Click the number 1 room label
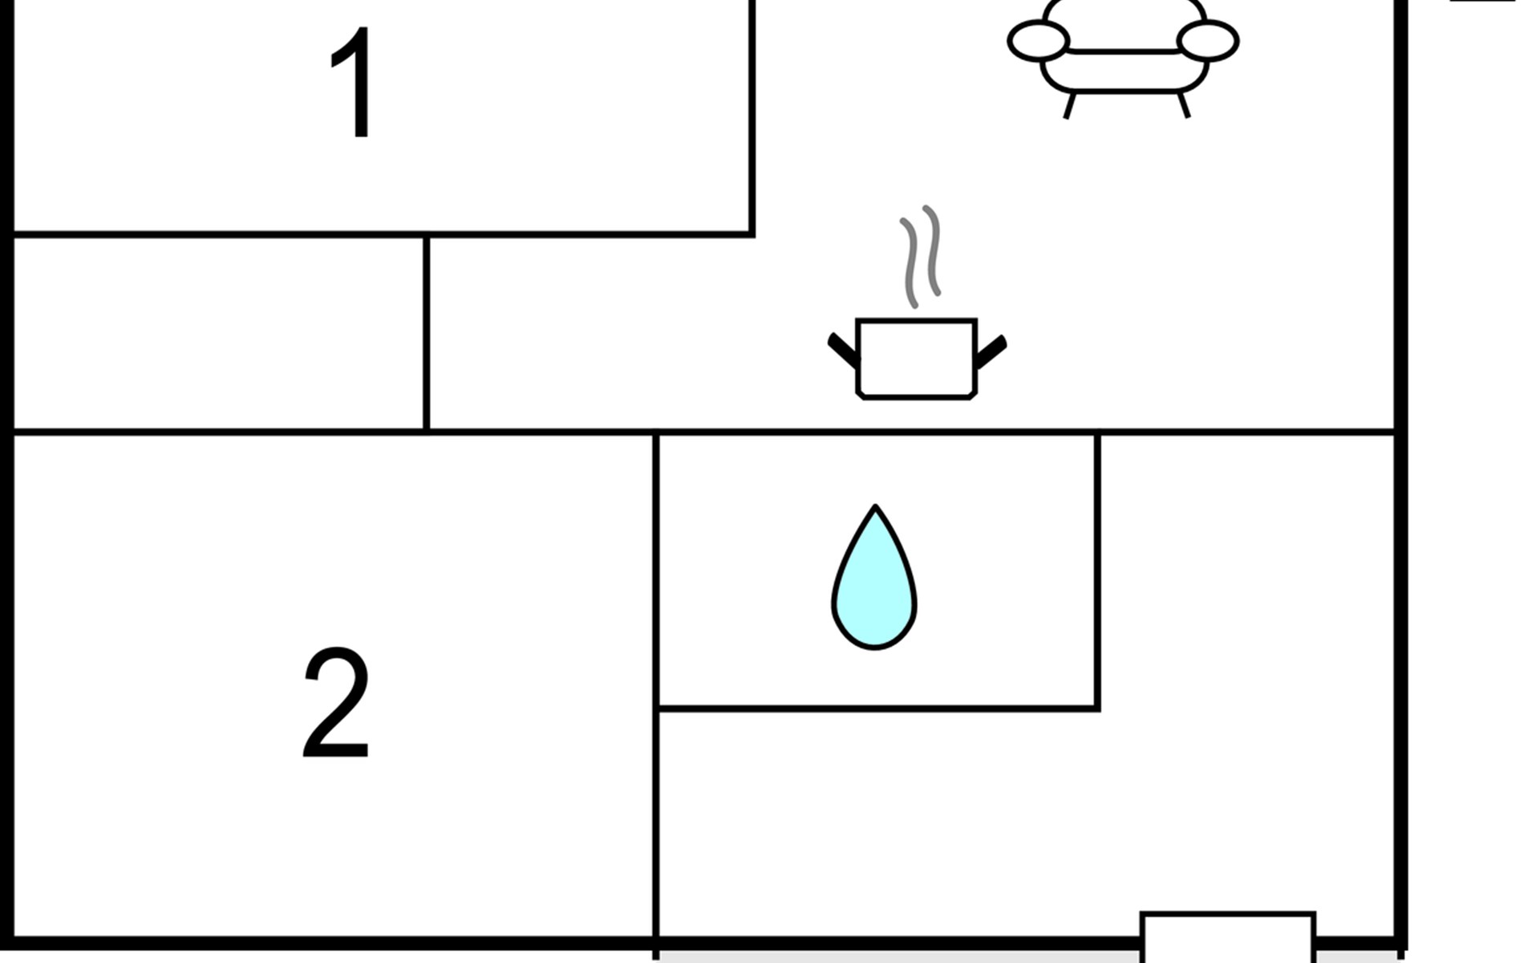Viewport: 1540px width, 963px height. click(x=353, y=83)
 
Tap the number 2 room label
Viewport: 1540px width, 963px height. click(x=336, y=703)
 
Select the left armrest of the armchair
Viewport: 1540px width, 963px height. click(x=1039, y=41)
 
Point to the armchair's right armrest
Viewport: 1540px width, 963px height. click(x=1208, y=41)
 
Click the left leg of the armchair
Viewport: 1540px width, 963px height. click(x=1068, y=106)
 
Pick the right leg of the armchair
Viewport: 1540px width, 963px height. click(x=1184, y=105)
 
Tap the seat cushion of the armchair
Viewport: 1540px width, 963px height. click(x=1124, y=71)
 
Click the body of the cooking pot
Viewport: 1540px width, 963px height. click(x=917, y=359)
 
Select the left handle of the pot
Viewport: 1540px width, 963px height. click(x=842, y=351)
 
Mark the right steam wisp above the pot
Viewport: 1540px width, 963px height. click(x=932, y=250)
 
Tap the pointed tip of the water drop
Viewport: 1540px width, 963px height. click(x=875, y=506)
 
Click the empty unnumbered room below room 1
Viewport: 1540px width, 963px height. click(x=218, y=334)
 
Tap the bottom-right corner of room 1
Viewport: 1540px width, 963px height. click(x=752, y=234)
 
